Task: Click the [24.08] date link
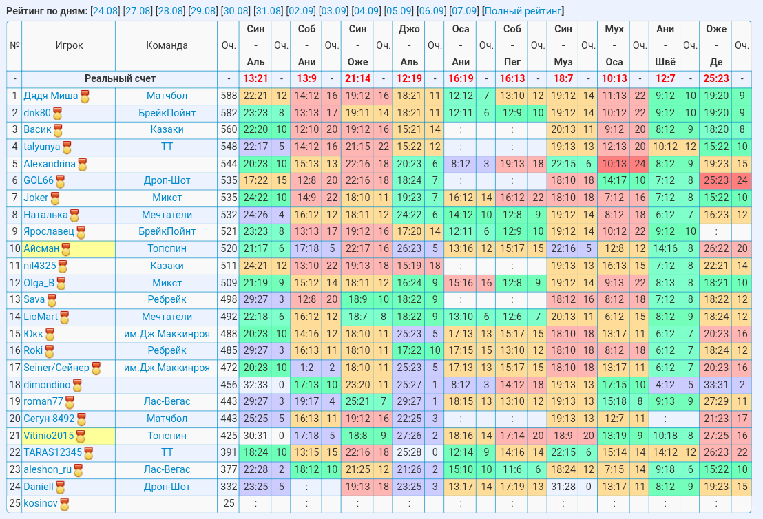(105, 11)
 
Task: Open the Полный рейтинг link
(523, 11)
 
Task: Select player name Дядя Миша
(50, 96)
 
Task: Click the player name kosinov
(41, 503)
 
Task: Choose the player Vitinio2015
(49, 436)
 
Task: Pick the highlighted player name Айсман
(41, 248)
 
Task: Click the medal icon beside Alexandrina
(83, 165)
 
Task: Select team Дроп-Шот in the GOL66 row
(167, 180)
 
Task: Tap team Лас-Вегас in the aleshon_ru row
(167, 469)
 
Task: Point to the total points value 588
(229, 96)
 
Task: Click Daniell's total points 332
(229, 487)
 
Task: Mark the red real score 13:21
(255, 78)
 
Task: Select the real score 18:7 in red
(563, 78)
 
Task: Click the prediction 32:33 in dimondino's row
(255, 385)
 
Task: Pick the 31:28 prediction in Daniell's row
(563, 487)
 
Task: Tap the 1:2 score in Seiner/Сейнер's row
(306, 368)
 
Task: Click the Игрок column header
(69, 45)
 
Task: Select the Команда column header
(167, 45)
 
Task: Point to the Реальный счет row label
(120, 78)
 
